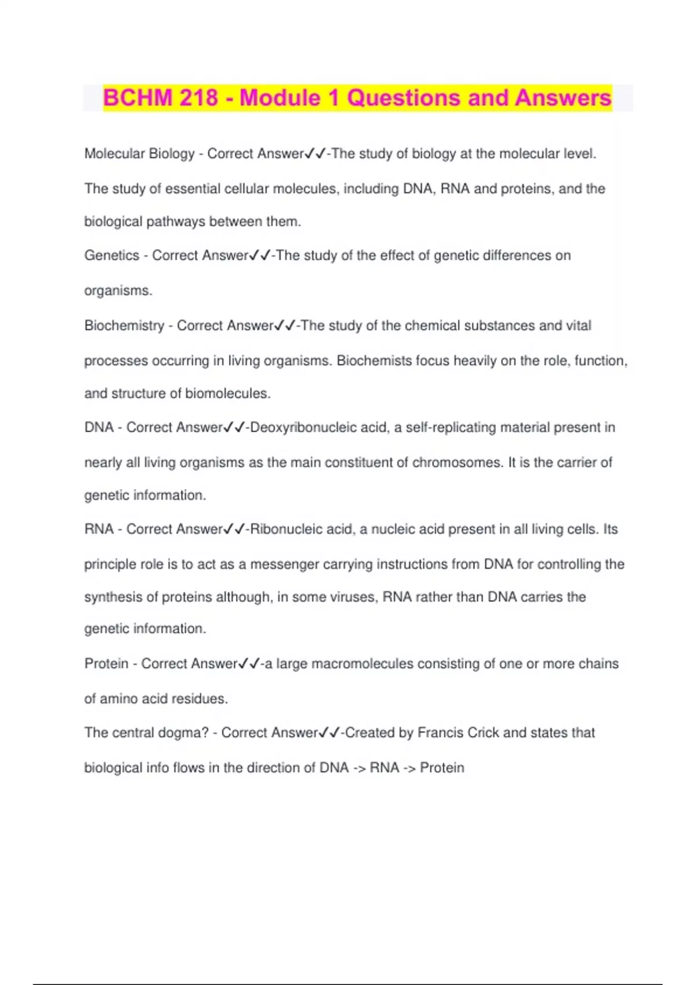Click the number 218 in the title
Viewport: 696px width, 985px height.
tap(199, 97)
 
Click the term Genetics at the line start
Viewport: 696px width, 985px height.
tap(111, 256)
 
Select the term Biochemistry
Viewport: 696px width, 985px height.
tap(124, 326)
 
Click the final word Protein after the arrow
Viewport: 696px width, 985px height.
tap(442, 768)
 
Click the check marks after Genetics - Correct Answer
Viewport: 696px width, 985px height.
tap(260, 256)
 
